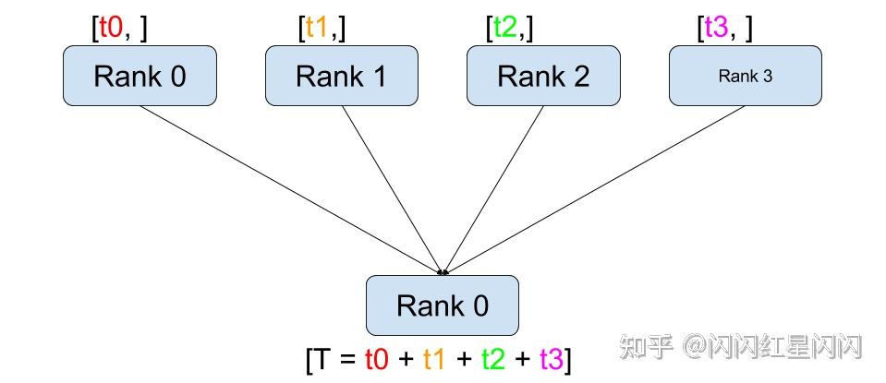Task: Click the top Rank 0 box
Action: [140, 75]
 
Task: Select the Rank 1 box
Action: [341, 75]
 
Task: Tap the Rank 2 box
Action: [542, 75]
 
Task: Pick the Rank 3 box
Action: [745, 75]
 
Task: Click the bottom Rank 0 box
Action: [443, 305]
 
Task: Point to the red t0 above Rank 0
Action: [111, 28]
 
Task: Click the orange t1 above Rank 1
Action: [317, 28]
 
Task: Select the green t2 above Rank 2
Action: [504, 28]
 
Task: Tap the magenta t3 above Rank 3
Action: [717, 28]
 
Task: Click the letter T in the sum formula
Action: [322, 358]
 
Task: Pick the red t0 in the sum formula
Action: [377, 358]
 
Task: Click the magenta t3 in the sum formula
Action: [551, 358]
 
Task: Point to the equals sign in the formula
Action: [346, 359]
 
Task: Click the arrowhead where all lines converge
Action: [443, 271]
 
